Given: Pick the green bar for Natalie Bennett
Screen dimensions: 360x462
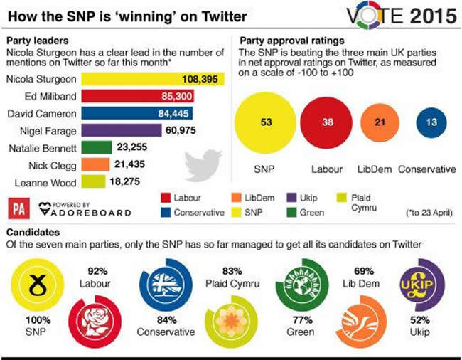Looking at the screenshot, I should pyautogui.click(x=96, y=148).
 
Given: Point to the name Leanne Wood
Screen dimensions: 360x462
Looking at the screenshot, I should pyautogui.click(x=39, y=183).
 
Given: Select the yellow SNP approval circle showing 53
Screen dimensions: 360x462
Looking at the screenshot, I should pyautogui.click(x=267, y=122).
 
